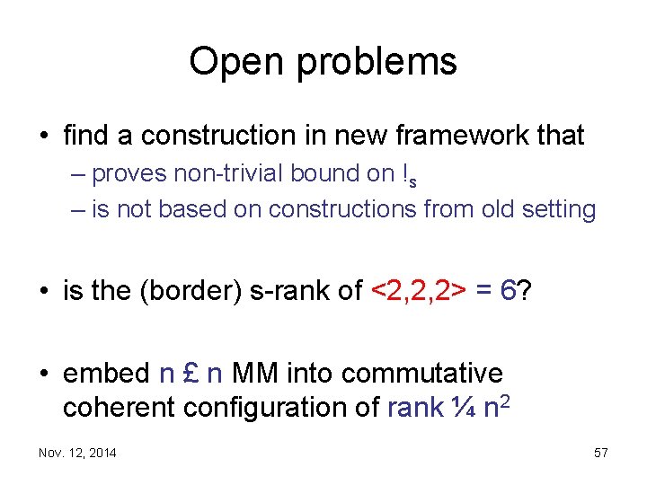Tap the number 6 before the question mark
[508, 290]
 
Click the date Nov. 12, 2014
[77, 453]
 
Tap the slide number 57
[601, 453]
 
